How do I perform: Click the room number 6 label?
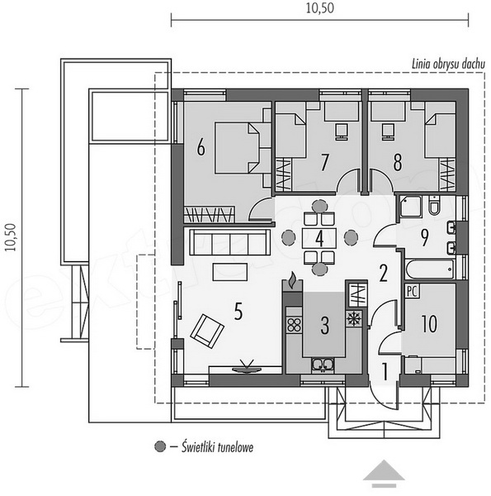pyautogui.click(x=201, y=147)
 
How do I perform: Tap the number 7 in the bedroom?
pyautogui.click(x=324, y=162)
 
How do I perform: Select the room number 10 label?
pyautogui.click(x=429, y=323)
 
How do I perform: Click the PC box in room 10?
pyautogui.click(x=412, y=291)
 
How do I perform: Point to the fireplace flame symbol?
pyautogui.click(x=293, y=280)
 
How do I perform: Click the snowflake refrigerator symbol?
pyautogui.click(x=354, y=319)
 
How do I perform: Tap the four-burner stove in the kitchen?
pyautogui.click(x=294, y=326)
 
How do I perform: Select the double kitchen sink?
pyautogui.click(x=322, y=365)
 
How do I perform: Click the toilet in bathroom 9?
pyautogui.click(x=434, y=205)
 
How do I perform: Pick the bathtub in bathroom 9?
pyautogui.click(x=430, y=269)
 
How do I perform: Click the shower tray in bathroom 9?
pyautogui.click(x=410, y=206)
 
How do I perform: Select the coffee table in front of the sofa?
pyautogui.click(x=230, y=272)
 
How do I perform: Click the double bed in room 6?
pyautogui.click(x=237, y=148)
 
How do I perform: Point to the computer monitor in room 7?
pyautogui.click(x=342, y=131)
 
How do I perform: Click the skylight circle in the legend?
pyautogui.click(x=160, y=446)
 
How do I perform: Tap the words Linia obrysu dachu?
pyautogui.click(x=448, y=64)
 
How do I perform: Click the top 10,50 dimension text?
pyautogui.click(x=319, y=8)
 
